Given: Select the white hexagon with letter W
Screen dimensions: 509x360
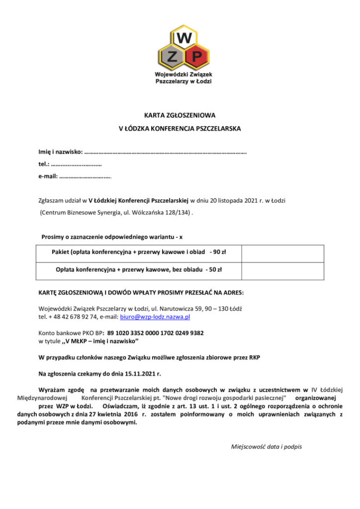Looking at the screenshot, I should coord(183,36).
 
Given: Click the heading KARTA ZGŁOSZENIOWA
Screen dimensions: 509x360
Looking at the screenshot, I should coord(180,114).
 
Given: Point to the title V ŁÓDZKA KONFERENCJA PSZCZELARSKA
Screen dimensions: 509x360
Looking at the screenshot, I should coord(180,128).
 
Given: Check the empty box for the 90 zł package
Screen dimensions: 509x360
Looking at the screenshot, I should coord(282,253).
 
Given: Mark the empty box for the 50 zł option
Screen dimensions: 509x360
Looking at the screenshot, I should coord(282,271).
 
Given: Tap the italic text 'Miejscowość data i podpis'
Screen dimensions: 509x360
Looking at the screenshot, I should coord(267,446).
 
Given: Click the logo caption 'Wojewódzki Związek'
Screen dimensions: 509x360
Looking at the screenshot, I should coord(183,74).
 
